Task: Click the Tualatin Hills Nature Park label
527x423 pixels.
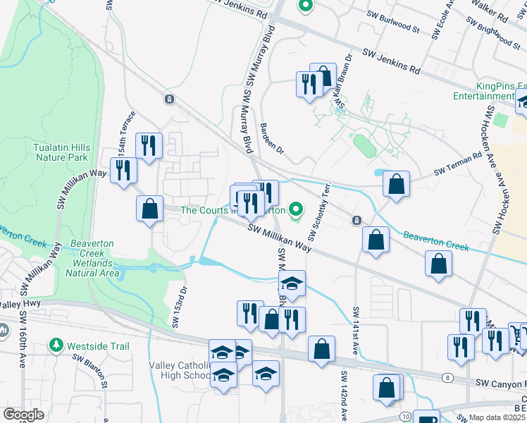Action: [61, 153]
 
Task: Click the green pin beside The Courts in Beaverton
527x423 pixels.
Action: [296, 209]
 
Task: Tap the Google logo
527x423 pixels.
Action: [24, 415]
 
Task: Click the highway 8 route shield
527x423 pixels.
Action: [448, 378]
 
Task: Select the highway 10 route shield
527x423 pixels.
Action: [406, 418]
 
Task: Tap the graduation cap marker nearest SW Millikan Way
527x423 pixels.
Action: [291, 283]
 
